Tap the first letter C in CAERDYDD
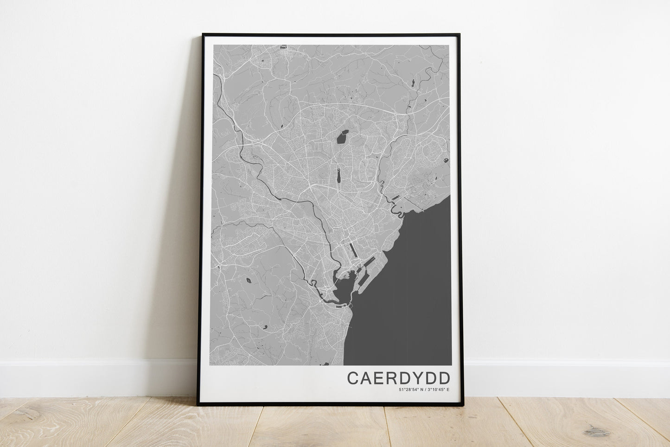click(x=353, y=377)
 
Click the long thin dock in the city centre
click(x=353, y=251)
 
